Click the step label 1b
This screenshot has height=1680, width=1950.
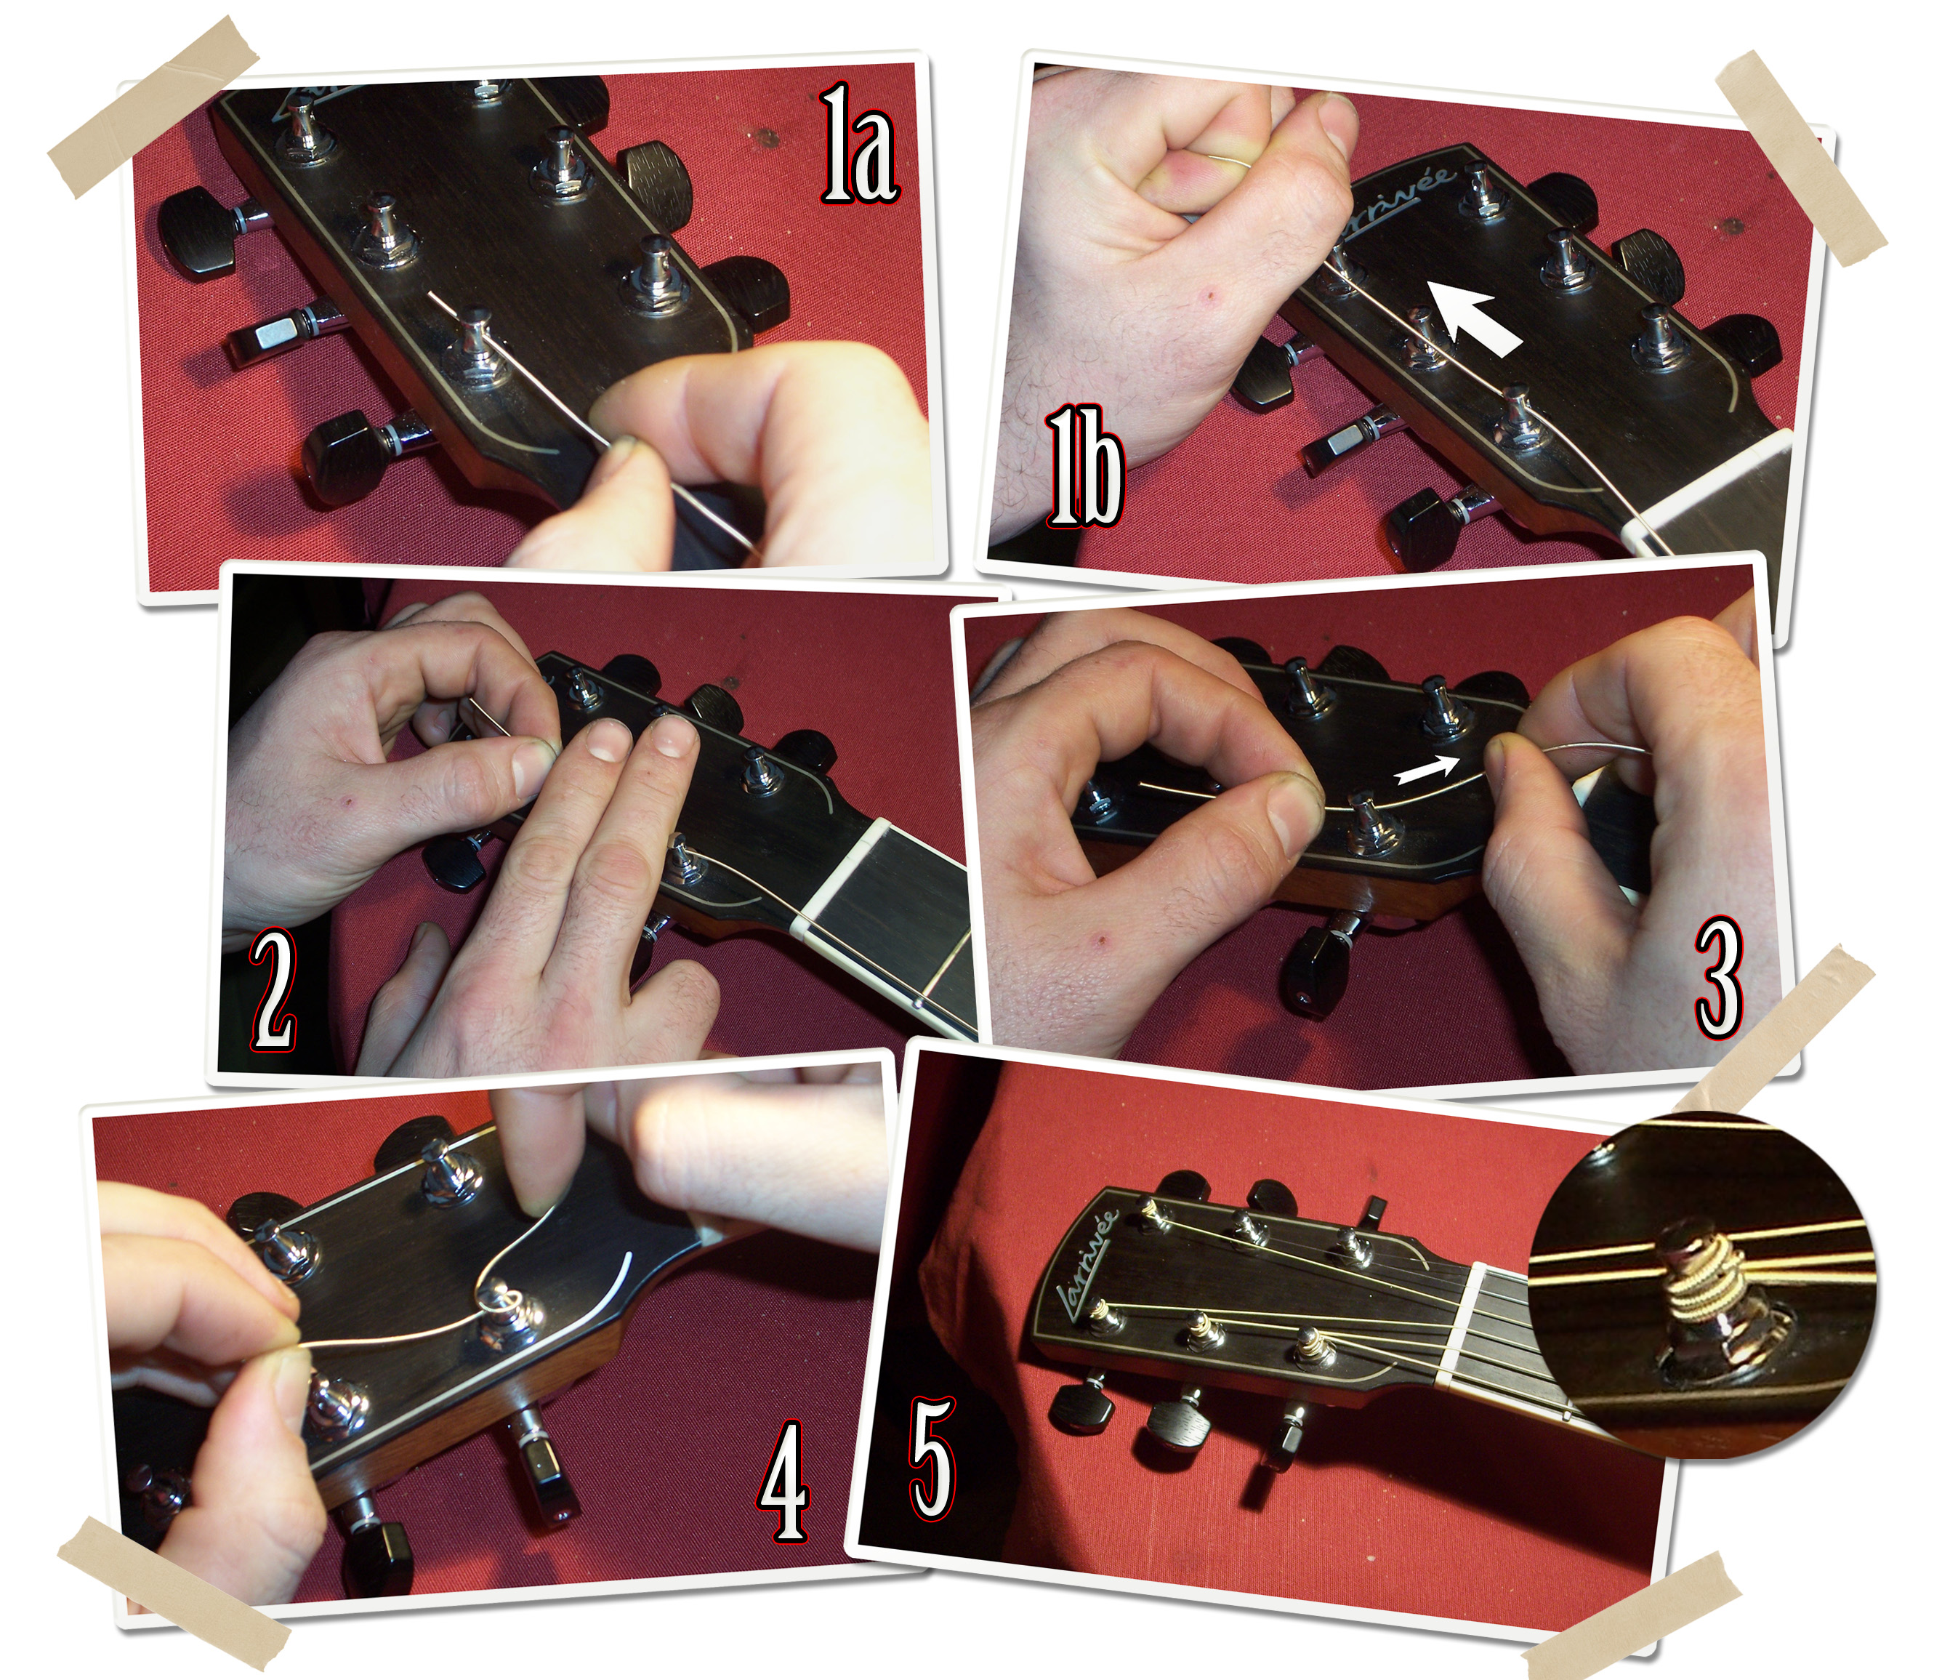coord(1085,465)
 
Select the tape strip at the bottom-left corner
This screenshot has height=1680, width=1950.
coord(174,1593)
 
